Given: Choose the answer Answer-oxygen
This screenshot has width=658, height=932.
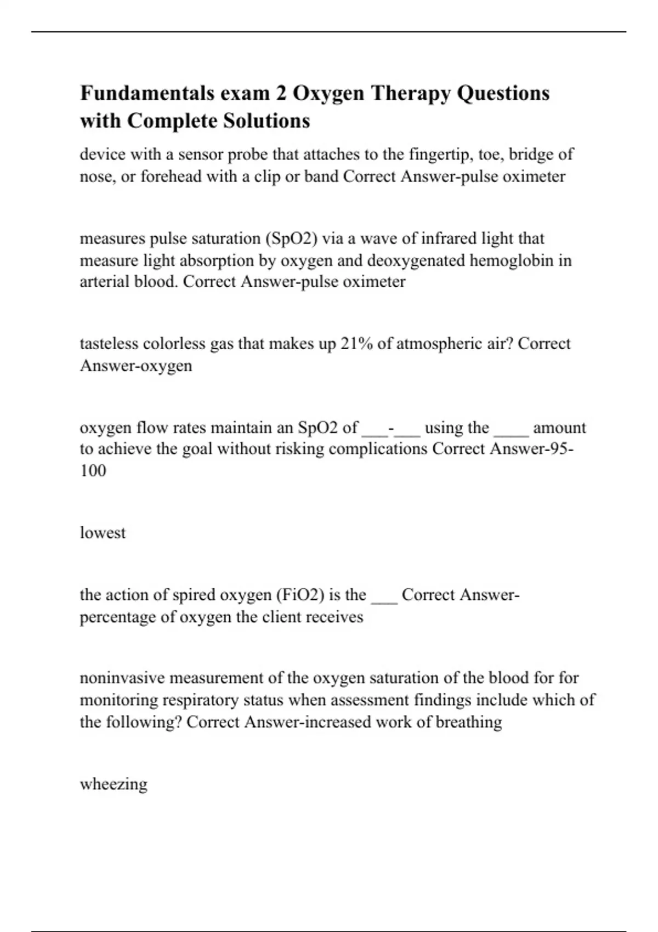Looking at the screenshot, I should click(x=136, y=366).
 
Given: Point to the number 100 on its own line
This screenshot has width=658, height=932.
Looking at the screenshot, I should click(x=93, y=470).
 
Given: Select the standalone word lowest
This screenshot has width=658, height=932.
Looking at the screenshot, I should click(x=103, y=533).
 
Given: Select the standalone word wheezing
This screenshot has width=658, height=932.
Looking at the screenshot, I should click(x=114, y=784).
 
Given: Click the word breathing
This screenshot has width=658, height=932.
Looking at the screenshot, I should click(x=469, y=722).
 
